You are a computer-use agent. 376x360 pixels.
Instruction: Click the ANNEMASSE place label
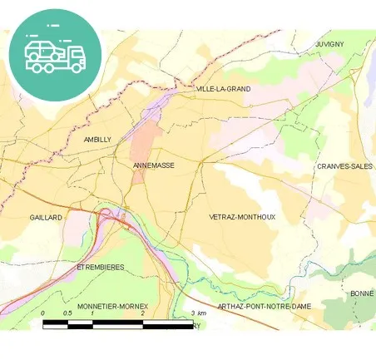point(153,165)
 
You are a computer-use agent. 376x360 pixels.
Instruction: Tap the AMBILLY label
point(97,140)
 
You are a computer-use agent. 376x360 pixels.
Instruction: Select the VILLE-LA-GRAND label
point(223,88)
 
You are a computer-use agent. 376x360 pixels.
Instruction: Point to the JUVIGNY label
point(329,43)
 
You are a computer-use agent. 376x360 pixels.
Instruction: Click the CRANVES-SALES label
point(344,166)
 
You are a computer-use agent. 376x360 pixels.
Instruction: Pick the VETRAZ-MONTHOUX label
point(243,217)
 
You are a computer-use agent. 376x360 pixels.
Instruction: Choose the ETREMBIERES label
point(100,268)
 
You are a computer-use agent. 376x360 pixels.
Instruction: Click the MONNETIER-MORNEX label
point(111,306)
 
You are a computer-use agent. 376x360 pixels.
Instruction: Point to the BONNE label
point(363,293)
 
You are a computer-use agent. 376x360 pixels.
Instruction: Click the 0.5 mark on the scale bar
point(68,313)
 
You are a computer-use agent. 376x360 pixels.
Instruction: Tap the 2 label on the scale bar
point(143,313)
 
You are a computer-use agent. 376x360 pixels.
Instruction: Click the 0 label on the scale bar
point(43,313)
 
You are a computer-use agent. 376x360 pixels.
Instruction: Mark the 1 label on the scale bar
point(93,313)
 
